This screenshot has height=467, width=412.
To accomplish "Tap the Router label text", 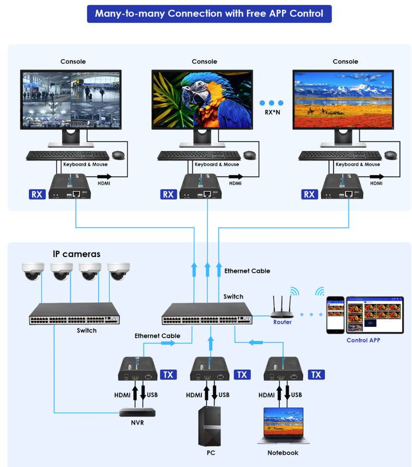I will (282, 322).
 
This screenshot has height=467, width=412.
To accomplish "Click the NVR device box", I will (137, 412).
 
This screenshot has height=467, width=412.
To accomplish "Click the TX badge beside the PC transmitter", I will (242, 375).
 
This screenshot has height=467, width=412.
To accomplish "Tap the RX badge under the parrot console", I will (169, 194).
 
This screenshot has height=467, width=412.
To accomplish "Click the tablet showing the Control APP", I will (376, 314).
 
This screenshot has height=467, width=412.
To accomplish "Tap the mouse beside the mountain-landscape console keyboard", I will (390, 155).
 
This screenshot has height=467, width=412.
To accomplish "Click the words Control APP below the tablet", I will (363, 340).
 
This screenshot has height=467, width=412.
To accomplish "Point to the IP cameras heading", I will (76, 254).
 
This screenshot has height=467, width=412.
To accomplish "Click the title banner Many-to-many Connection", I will (209, 13).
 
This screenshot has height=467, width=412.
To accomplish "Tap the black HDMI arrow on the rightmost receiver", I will (377, 176).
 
